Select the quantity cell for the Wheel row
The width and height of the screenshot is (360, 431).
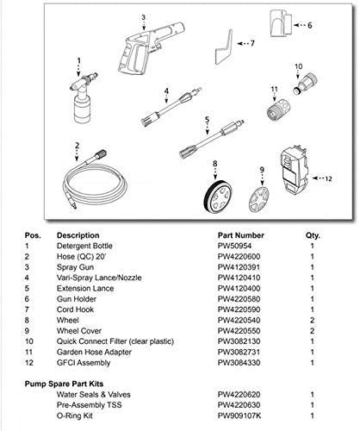(x=311, y=320)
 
